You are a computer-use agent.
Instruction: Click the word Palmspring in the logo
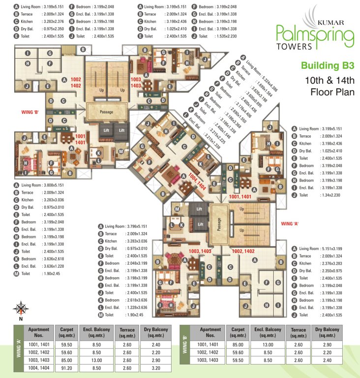point(315,35)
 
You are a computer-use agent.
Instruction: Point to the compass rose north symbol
point(21,309)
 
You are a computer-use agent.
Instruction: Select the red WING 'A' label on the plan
point(290,223)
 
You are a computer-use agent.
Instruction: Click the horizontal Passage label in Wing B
point(107,112)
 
